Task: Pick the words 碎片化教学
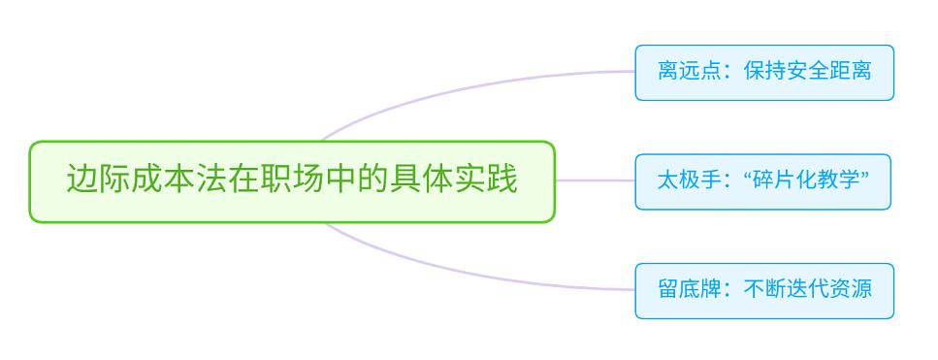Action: [806, 181]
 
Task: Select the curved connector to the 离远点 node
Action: [466, 84]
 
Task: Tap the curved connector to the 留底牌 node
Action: [466, 277]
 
